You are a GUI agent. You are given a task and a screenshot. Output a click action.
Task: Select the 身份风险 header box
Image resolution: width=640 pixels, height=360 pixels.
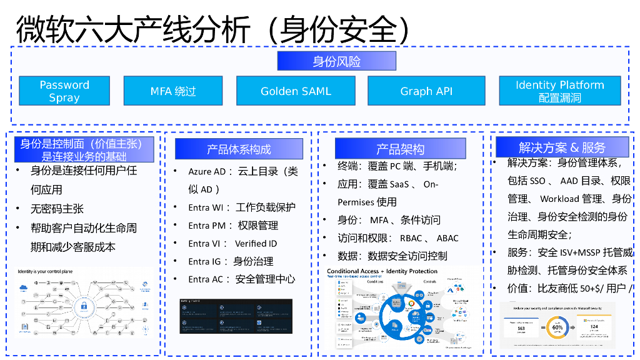(336, 61)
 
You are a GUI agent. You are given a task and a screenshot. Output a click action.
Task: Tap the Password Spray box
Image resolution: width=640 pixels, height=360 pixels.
(64, 91)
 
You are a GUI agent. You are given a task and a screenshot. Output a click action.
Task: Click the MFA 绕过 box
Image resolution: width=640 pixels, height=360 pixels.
(173, 91)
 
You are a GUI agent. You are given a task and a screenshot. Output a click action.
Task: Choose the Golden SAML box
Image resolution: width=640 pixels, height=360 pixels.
(296, 91)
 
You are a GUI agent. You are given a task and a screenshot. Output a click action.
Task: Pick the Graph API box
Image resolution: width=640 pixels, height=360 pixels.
(426, 91)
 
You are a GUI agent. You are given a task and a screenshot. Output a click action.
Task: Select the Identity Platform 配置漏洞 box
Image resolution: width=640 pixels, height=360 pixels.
(559, 91)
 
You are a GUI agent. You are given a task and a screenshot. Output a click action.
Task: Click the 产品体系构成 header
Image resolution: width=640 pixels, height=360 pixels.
(239, 149)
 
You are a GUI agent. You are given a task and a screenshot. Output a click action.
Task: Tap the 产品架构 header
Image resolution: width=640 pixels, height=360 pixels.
(400, 149)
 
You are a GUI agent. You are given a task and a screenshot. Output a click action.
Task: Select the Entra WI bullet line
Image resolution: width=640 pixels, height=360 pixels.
(241, 207)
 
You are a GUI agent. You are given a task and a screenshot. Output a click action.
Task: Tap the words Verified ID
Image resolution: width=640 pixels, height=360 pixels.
(256, 244)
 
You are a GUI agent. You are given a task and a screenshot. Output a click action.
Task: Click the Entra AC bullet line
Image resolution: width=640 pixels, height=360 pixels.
(241, 279)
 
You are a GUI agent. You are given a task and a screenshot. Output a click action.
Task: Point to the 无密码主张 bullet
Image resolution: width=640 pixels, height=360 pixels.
(57, 209)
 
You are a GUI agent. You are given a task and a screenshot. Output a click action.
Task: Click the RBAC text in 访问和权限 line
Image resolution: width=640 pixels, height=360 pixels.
(411, 238)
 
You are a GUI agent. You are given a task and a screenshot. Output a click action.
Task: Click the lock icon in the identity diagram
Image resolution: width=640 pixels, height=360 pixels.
(83, 306)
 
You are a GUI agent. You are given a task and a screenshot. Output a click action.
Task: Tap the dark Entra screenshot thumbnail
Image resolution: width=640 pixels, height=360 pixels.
(236, 316)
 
